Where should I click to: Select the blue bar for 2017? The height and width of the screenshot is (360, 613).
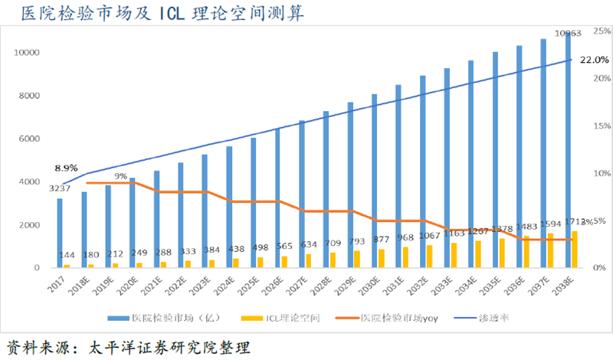point(59,233)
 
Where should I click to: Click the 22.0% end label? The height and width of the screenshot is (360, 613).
point(592,60)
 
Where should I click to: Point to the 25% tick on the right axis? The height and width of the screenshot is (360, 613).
point(600,31)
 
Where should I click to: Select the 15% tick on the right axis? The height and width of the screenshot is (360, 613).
point(600,126)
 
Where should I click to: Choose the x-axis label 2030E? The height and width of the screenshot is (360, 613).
point(371,287)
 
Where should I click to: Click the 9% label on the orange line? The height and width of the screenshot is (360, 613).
point(121,176)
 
